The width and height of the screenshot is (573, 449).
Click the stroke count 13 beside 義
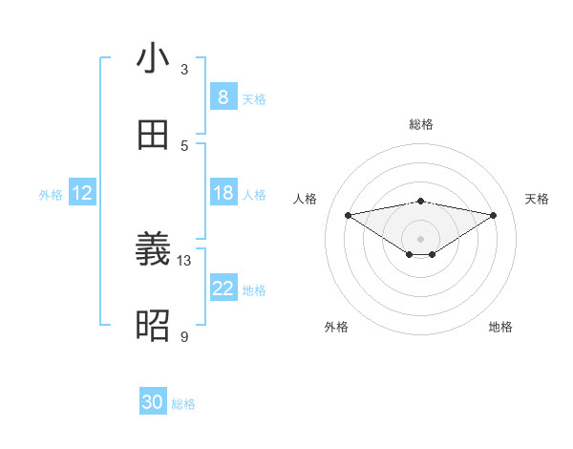184,261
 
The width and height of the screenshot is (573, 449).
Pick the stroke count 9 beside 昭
184,336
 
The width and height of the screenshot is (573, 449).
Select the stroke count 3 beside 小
184,69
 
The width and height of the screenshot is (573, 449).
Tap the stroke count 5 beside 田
184,145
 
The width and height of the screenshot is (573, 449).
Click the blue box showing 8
223,97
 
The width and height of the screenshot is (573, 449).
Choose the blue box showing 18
223,193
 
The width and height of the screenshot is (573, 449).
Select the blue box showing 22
223,289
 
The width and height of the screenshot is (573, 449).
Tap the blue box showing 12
81,193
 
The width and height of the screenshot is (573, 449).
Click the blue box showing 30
153,402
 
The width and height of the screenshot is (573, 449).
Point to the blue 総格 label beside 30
183,404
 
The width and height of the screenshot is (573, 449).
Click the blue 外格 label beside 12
51,195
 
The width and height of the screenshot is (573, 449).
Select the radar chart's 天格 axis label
537,199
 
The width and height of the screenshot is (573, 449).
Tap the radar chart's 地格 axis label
500,327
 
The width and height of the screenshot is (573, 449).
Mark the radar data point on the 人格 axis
348,214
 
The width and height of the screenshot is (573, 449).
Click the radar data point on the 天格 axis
494,215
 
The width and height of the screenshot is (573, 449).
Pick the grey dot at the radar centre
420,238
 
